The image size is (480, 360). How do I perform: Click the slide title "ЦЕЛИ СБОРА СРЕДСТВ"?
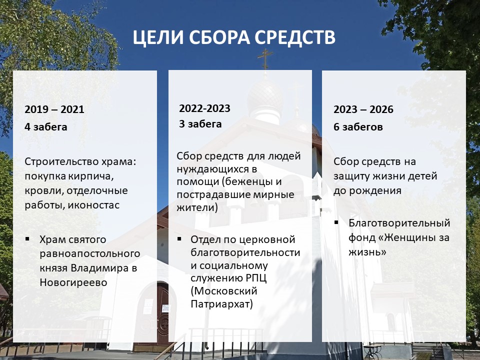(x=234, y=38)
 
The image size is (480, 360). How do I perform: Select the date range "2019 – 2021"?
(x=54, y=109)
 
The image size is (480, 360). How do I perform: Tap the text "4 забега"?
(x=46, y=127)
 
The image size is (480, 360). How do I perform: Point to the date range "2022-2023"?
(x=205, y=108)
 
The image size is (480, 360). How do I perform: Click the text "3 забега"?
(x=200, y=124)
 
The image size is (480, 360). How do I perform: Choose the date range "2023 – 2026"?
(x=363, y=109)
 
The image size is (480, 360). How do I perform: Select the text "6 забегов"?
(x=358, y=127)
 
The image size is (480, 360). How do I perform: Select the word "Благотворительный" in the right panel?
(x=399, y=223)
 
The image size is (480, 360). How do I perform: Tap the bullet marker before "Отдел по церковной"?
(x=179, y=239)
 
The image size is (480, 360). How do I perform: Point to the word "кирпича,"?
(x=99, y=176)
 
